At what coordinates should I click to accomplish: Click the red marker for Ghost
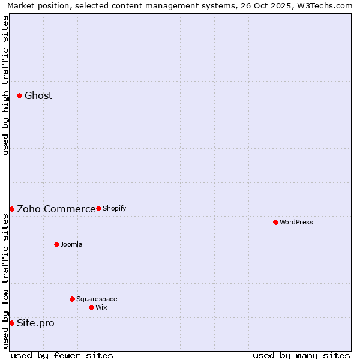(x=20, y=95)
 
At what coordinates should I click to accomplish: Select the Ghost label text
(x=38, y=96)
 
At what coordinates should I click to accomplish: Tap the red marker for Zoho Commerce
(x=11, y=209)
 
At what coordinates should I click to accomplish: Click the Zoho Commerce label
(x=56, y=209)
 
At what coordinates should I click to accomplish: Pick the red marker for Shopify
(x=98, y=208)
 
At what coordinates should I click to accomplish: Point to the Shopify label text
(x=114, y=209)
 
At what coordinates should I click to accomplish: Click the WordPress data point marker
(x=275, y=222)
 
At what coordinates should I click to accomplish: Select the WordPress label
(x=296, y=223)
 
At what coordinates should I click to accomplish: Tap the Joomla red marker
(x=56, y=244)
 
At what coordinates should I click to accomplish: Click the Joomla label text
(x=71, y=245)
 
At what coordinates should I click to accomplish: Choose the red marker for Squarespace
(x=72, y=299)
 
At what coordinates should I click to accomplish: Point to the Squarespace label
(x=97, y=299)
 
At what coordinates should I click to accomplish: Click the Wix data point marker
(x=91, y=307)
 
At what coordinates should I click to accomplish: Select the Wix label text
(x=101, y=308)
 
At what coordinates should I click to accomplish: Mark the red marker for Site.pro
(x=11, y=323)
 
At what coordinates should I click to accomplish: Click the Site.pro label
(x=35, y=323)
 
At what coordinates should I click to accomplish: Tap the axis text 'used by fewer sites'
(x=62, y=356)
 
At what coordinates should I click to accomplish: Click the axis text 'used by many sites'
(x=301, y=356)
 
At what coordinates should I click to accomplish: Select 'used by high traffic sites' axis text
(x=6, y=85)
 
